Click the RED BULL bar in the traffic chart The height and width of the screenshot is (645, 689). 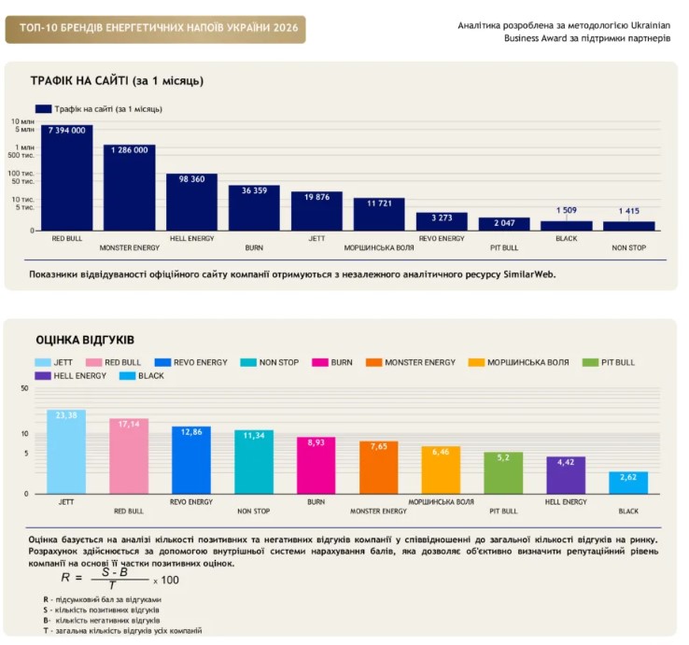(67, 177)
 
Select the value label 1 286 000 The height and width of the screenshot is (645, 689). (129, 150)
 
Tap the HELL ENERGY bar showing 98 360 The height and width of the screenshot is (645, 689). (191, 203)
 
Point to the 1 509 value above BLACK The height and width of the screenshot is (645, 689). (567, 210)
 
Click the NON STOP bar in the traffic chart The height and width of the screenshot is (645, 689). (629, 226)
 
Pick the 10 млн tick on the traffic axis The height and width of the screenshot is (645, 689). (22, 121)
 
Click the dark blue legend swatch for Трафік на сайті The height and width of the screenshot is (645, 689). (44, 109)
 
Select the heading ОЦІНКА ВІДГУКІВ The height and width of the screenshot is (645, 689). (85, 340)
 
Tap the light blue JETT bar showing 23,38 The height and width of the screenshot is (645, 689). (66, 452)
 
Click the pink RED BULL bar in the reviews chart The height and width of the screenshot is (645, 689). (129, 456)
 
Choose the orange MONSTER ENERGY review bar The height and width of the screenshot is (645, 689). (379, 468)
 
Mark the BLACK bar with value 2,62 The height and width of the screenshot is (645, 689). (628, 483)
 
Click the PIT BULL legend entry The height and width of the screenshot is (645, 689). (609, 362)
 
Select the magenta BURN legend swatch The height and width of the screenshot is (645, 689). (320, 362)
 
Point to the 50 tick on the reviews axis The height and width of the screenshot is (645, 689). (24, 388)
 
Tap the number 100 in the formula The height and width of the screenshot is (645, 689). (170, 580)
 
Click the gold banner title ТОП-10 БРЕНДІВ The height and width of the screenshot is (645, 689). (159, 28)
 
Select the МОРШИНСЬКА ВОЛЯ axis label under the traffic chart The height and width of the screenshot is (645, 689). (379, 247)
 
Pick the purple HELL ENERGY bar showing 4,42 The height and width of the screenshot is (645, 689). (566, 475)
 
